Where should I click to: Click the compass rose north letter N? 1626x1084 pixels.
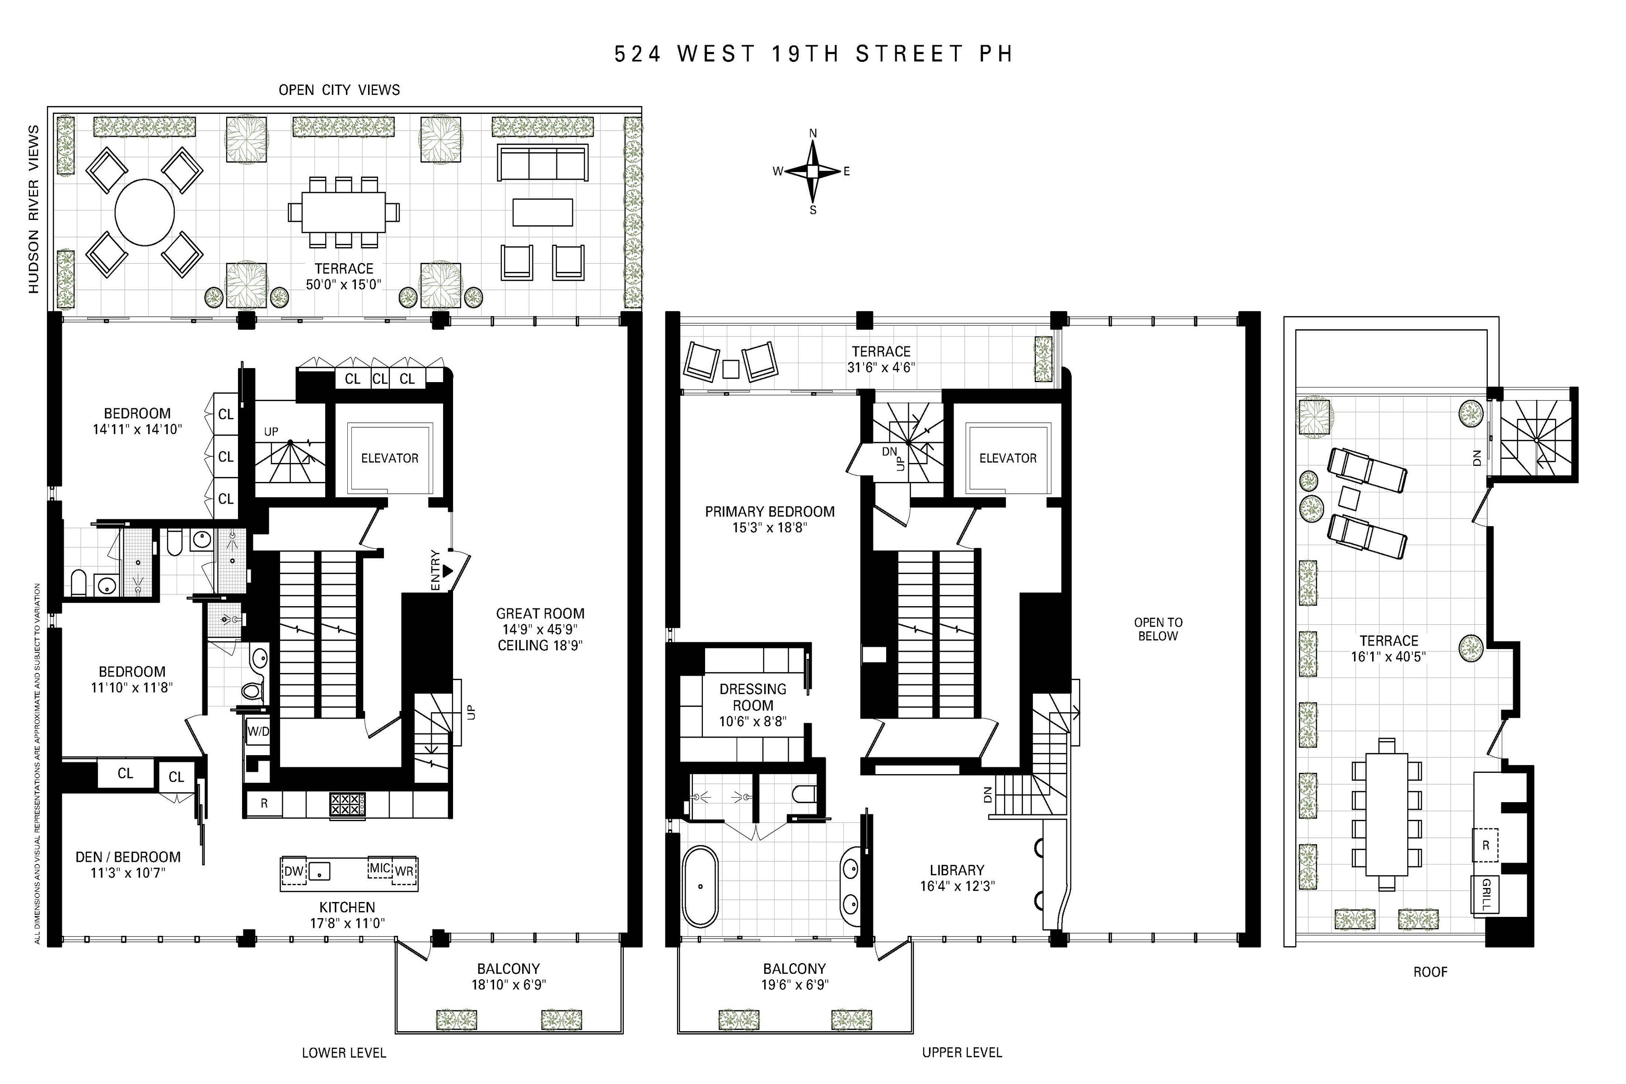pos(813,133)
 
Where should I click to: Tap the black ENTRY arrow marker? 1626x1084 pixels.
pos(447,571)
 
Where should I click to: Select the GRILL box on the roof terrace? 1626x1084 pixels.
pos(1485,895)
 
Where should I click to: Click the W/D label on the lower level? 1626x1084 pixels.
pos(258,731)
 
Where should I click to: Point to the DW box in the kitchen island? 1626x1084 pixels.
pos(294,871)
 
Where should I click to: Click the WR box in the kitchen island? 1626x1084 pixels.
pos(404,871)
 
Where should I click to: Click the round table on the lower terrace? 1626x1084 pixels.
pos(145,212)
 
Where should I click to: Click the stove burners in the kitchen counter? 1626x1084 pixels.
pos(346,805)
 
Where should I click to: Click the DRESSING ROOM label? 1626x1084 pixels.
pos(753,697)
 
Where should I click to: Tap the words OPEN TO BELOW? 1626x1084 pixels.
pos(1158,629)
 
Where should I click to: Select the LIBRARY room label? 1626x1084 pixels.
pos(957,870)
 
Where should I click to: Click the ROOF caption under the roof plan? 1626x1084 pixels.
pos(1430,972)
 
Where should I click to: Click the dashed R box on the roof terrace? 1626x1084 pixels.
pos(1485,845)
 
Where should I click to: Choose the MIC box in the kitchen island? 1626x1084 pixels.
pos(379,868)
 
